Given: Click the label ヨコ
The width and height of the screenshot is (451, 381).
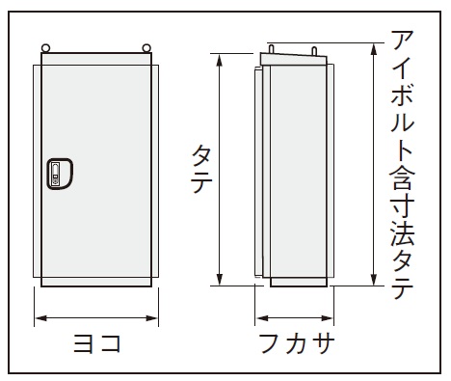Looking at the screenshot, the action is tap(97, 343).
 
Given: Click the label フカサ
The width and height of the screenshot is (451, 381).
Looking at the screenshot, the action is tap(297, 343).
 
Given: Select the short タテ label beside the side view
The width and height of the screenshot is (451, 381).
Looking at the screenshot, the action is tap(202, 169).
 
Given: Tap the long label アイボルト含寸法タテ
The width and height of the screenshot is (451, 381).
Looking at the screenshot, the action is tap(403, 165).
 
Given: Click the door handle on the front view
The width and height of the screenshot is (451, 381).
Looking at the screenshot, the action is tap(60, 174).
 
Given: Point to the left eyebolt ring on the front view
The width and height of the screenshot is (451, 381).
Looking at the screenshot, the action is tap(45, 48).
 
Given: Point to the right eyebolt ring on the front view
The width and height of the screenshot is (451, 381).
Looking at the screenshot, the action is tap(146, 48).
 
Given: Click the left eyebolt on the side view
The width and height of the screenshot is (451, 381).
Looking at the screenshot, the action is tap(272, 49).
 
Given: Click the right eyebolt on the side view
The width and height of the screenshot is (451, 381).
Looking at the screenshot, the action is tap(314, 51).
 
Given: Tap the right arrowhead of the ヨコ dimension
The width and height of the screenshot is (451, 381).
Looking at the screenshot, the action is tap(151, 318).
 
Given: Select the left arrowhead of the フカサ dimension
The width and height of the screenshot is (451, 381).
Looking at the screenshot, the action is tap(262, 318).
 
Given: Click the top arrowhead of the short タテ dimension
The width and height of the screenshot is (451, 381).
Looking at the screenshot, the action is tap(220, 61).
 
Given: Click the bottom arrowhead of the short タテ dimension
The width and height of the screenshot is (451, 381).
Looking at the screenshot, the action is tap(220, 279).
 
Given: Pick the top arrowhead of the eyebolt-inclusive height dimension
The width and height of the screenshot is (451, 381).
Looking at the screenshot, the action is tap(374, 50).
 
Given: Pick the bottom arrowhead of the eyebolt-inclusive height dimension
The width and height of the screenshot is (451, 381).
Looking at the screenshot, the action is tap(374, 279).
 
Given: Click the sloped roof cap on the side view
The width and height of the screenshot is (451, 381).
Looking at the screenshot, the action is tap(294, 60).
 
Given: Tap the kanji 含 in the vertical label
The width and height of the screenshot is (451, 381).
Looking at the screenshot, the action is tap(402, 177).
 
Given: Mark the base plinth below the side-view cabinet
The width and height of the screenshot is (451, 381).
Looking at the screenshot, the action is tap(299, 282).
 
